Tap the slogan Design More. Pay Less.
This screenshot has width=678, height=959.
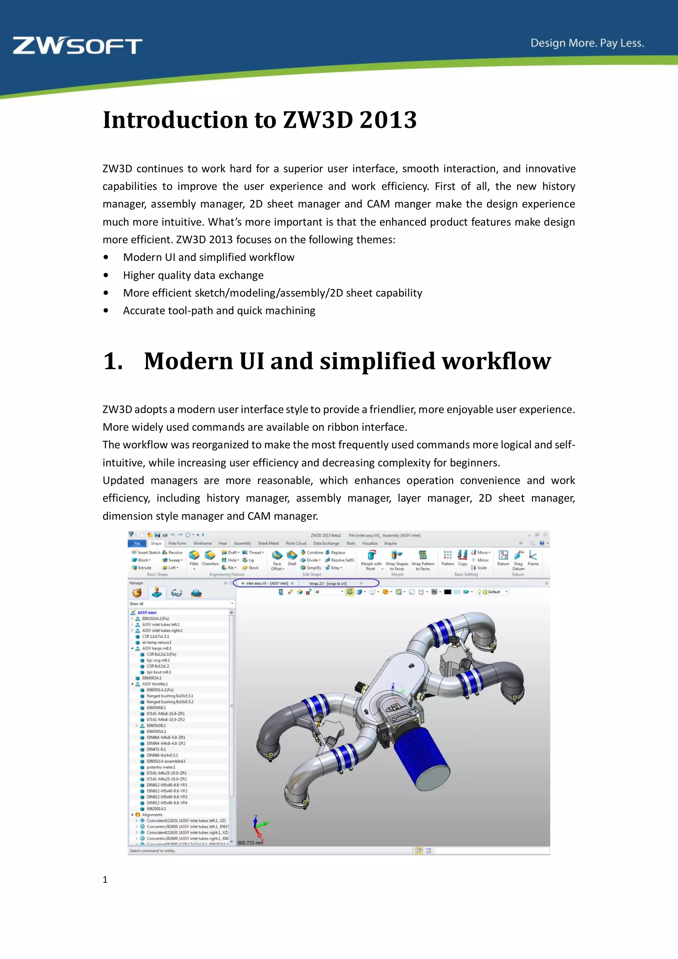pyautogui.click(x=587, y=43)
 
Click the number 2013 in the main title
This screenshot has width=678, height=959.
pyautogui.click(x=388, y=120)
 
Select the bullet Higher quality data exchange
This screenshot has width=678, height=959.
pyautogui.click(x=193, y=275)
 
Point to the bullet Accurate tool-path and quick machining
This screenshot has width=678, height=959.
pyautogui.click(x=219, y=311)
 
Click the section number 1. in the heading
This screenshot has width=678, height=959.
pyautogui.click(x=113, y=361)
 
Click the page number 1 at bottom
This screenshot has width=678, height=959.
pyautogui.click(x=105, y=879)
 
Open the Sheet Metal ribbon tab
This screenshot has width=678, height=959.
pyautogui.click(x=268, y=543)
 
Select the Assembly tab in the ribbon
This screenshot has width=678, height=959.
pyautogui.click(x=242, y=543)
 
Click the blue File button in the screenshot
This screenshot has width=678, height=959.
pyautogui.click(x=137, y=543)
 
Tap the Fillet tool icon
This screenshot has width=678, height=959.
pyautogui.click(x=194, y=556)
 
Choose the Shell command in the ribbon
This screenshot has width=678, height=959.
pyautogui.click(x=292, y=556)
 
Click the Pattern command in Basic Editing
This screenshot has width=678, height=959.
pyautogui.click(x=448, y=556)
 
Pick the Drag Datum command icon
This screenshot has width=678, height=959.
pyautogui.click(x=518, y=556)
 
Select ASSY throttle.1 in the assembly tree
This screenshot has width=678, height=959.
pyautogui.click(x=155, y=684)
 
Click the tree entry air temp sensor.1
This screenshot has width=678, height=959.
pyautogui.click(x=157, y=642)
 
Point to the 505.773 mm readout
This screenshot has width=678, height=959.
pyautogui.click(x=250, y=843)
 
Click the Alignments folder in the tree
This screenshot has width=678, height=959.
pyautogui.click(x=152, y=815)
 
